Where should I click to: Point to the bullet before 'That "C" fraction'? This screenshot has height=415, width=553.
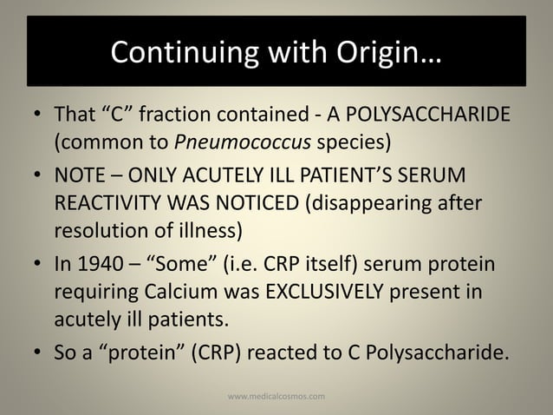click(36, 116)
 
